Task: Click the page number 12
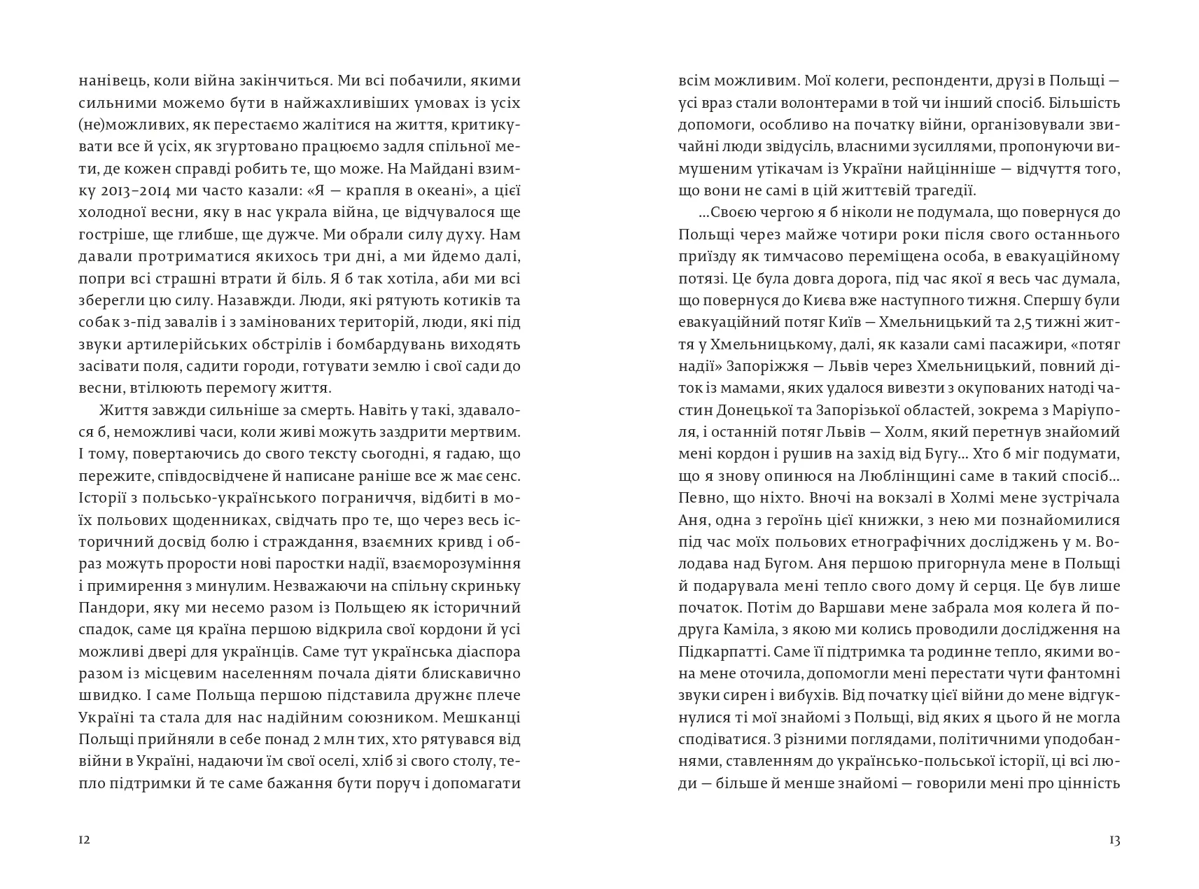point(84,840)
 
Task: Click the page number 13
point(1114,840)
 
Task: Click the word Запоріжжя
point(764,366)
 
